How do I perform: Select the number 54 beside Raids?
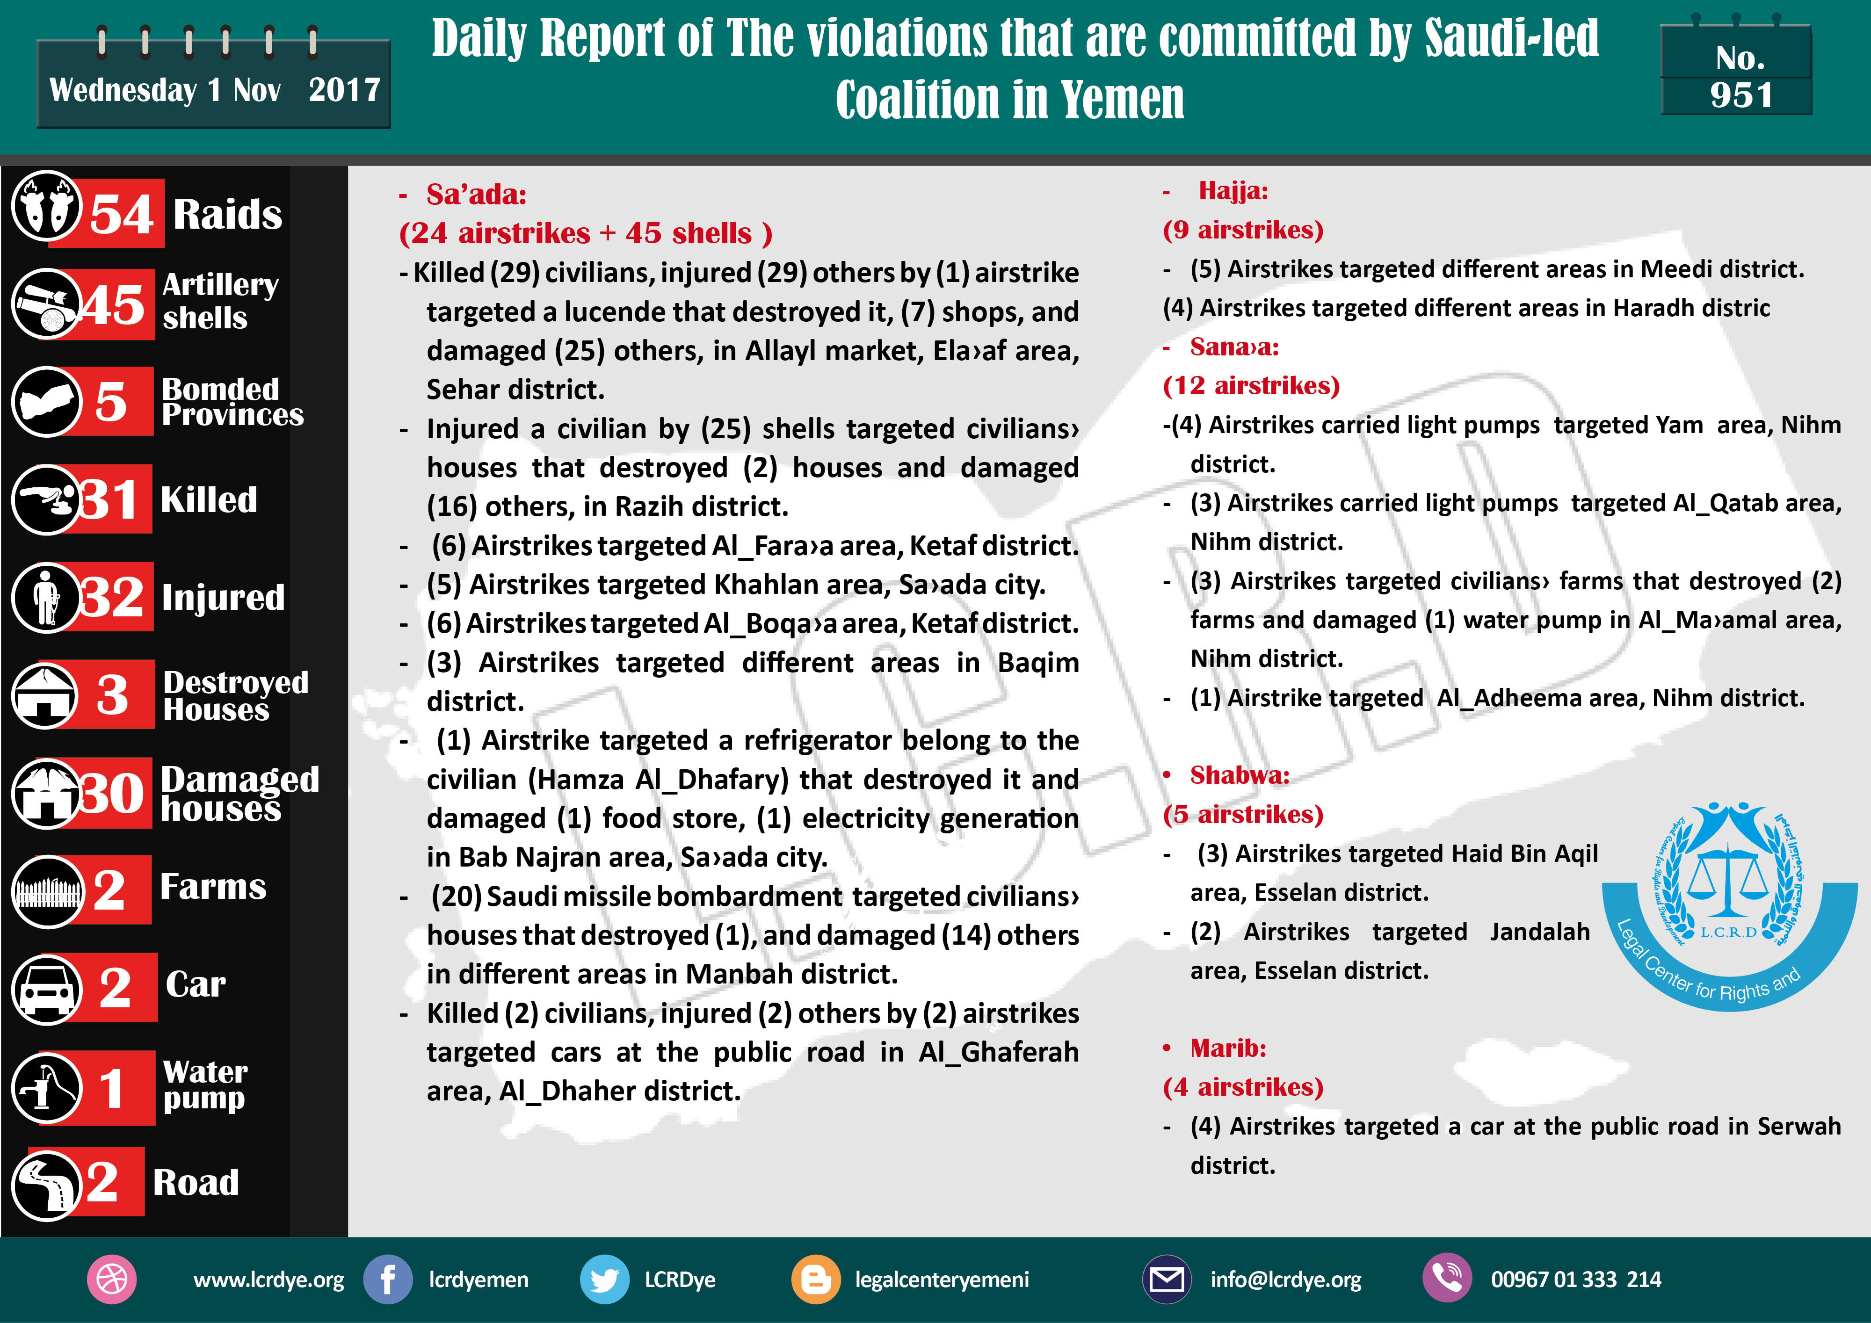click(122, 214)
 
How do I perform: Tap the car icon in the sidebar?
click(46, 988)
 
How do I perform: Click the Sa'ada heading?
click(476, 195)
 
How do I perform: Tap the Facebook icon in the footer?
click(388, 1279)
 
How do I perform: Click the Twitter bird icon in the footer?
click(604, 1279)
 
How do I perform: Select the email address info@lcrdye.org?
click(1285, 1279)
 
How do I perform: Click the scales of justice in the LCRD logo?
click(1727, 880)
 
